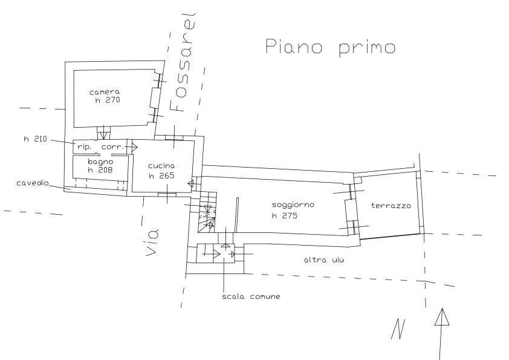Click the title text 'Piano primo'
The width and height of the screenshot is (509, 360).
click(x=330, y=47)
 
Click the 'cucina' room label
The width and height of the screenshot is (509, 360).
click(x=161, y=166)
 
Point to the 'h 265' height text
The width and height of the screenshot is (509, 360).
click(x=161, y=176)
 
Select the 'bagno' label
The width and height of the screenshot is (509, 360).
click(x=100, y=162)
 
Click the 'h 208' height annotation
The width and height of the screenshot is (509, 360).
click(x=100, y=171)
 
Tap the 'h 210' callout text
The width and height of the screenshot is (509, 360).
click(x=35, y=139)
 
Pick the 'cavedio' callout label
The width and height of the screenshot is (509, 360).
click(x=33, y=183)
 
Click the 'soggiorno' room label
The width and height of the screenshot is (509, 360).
click(x=293, y=205)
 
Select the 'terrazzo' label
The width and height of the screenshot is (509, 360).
click(x=392, y=206)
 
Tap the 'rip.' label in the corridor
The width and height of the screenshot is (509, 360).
click(x=83, y=147)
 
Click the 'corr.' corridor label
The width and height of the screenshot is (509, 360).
click(x=112, y=147)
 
